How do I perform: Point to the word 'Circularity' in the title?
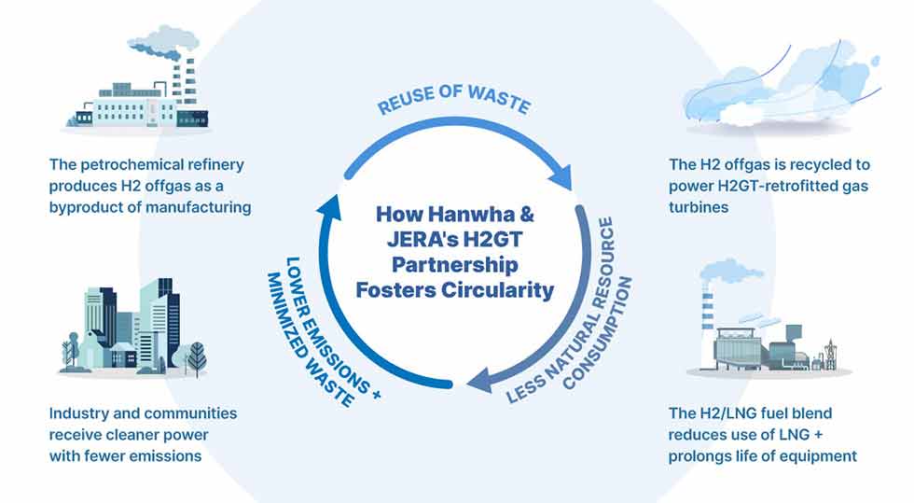(497, 290)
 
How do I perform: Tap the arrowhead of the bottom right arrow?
(479, 383)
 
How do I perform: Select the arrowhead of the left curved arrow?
(329, 206)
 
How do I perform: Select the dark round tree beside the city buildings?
(197, 356)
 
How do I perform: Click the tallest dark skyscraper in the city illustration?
(167, 324)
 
